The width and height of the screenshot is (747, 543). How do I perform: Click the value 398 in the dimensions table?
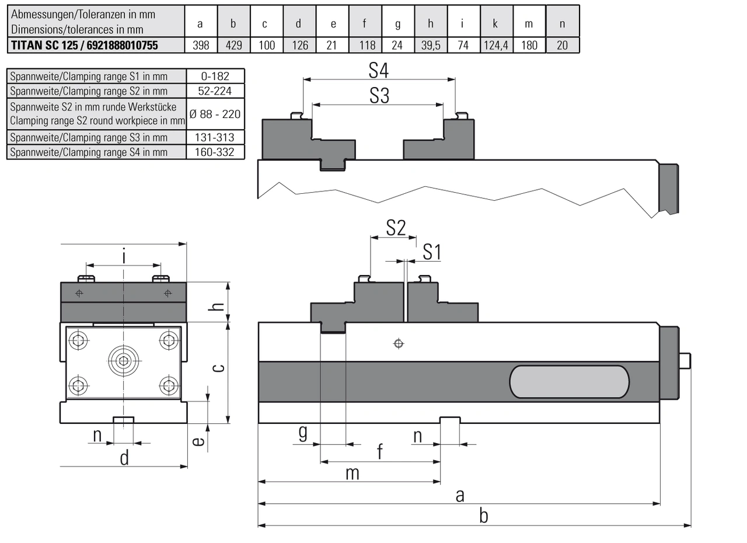tap(201, 45)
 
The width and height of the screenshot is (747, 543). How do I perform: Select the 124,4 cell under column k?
tap(495, 45)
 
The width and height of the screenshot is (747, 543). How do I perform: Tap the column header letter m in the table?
tap(529, 23)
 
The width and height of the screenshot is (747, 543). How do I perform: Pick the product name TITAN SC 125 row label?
tap(85, 45)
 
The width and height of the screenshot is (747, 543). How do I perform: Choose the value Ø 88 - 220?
tap(215, 114)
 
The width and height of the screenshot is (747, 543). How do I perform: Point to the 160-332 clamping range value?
tap(215, 152)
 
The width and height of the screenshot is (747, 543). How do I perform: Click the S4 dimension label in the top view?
tap(379, 71)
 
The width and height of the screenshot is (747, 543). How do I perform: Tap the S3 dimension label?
tap(379, 96)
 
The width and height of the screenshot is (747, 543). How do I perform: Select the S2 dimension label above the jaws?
tap(396, 228)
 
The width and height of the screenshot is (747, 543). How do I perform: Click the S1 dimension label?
tap(432, 252)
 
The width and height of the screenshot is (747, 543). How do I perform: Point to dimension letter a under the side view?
tap(460, 496)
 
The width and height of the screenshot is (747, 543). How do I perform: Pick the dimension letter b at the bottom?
tap(483, 516)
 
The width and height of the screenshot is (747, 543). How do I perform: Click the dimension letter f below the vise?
tap(380, 452)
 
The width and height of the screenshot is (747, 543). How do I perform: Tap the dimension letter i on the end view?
tap(124, 256)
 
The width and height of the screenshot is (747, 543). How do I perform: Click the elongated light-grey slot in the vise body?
tap(570, 382)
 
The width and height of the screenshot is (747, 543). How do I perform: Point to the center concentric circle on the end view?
tap(124, 361)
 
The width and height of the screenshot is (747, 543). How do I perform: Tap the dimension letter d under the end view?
tap(124, 458)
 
